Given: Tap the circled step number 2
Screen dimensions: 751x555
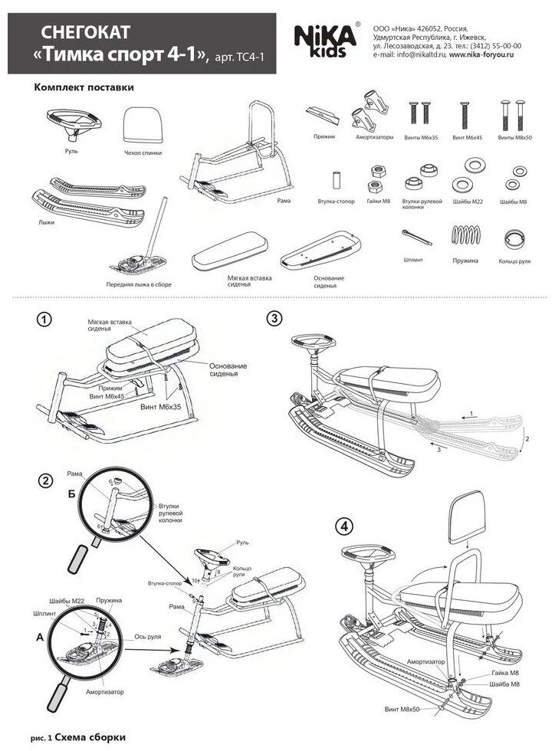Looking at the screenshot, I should [45, 480].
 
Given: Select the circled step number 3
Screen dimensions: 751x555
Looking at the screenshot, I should [273, 319].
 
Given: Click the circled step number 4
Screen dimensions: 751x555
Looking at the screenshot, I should [343, 526].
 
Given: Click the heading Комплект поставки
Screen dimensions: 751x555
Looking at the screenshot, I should [84, 87].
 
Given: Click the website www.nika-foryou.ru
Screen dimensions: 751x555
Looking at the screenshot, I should [485, 55].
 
